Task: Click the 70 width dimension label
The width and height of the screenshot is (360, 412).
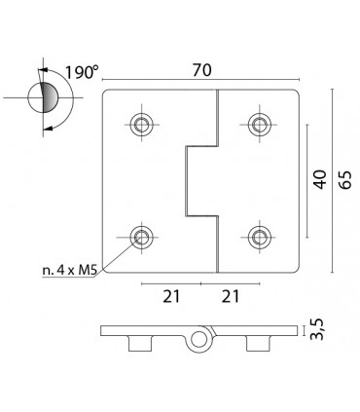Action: coord(201,70)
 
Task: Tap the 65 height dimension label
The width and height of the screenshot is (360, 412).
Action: coord(344,179)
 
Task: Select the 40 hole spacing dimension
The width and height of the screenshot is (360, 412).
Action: coord(320,179)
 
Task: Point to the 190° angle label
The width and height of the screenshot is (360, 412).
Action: coord(81,72)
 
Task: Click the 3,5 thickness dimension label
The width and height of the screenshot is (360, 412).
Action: coord(317,329)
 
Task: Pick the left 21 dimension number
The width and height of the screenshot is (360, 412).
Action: coord(171,296)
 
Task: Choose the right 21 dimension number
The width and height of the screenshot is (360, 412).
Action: coord(231,296)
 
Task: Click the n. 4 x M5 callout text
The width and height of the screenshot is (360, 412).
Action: coord(70,271)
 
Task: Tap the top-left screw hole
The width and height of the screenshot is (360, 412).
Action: coord(142,124)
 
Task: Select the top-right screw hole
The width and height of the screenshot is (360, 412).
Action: coord(260,124)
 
